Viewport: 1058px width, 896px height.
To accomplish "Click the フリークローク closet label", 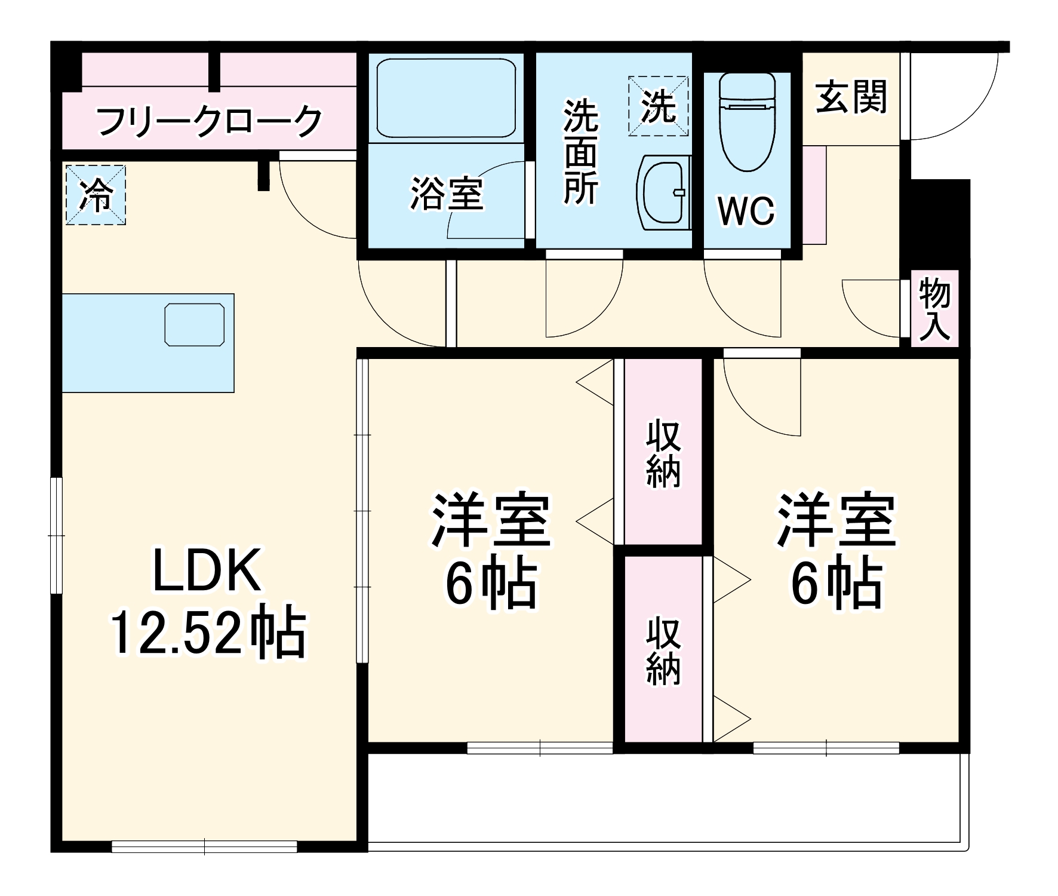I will [x=209, y=121].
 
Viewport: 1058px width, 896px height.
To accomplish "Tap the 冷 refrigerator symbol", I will [x=96, y=195].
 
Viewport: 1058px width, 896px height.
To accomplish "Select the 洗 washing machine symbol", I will [x=658, y=106].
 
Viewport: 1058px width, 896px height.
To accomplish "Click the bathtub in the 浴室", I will [x=446, y=98].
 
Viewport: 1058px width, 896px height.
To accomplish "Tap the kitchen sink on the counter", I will [x=195, y=324].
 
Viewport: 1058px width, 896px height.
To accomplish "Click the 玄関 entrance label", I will [x=851, y=97].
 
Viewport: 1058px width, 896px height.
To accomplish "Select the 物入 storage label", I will [x=934, y=309].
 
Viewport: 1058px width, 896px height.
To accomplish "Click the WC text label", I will [x=746, y=211].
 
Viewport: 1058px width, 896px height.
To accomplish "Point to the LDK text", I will [x=207, y=571].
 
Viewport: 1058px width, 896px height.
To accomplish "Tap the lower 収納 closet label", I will [x=663, y=651].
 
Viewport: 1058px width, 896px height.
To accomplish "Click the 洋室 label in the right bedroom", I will [x=836, y=520].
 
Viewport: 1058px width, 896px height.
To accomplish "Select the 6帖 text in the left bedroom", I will [x=491, y=584].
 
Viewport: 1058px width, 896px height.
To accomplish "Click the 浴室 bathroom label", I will [x=446, y=194].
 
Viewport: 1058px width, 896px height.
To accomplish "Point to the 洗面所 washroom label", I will [x=580, y=152].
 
